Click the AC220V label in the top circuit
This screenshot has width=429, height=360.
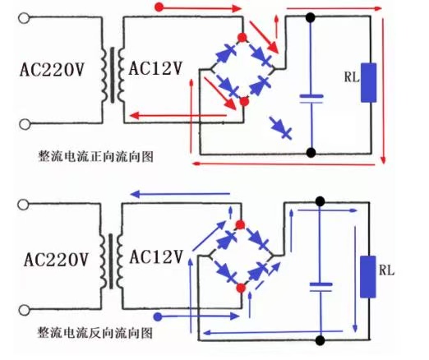(x=52, y=69)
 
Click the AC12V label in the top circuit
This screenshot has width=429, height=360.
(x=155, y=68)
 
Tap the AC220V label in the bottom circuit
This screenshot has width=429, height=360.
(x=56, y=259)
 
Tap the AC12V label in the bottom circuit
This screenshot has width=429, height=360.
(x=156, y=256)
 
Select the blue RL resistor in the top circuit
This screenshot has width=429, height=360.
(x=368, y=82)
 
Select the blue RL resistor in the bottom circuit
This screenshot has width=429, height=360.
(x=368, y=277)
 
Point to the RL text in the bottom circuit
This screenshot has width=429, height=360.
(x=386, y=270)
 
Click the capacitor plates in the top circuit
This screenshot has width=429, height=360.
(x=311, y=99)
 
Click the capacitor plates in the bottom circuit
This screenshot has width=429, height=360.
(x=321, y=287)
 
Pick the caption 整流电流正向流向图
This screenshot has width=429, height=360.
(x=96, y=156)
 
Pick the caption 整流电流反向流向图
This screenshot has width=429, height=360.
(x=95, y=333)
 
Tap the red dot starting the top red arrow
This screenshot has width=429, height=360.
(x=159, y=7)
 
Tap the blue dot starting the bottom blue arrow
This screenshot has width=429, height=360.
(x=158, y=317)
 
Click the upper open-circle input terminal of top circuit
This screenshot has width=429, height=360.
(x=24, y=18)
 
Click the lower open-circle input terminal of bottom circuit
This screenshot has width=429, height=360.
(x=24, y=310)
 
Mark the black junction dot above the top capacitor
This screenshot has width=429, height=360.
(x=311, y=17)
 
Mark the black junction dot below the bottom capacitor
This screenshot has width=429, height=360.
(x=320, y=340)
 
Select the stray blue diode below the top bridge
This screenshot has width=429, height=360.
(x=281, y=128)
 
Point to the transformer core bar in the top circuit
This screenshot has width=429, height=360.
(x=113, y=75)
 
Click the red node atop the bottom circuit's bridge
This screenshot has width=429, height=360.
(x=240, y=225)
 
